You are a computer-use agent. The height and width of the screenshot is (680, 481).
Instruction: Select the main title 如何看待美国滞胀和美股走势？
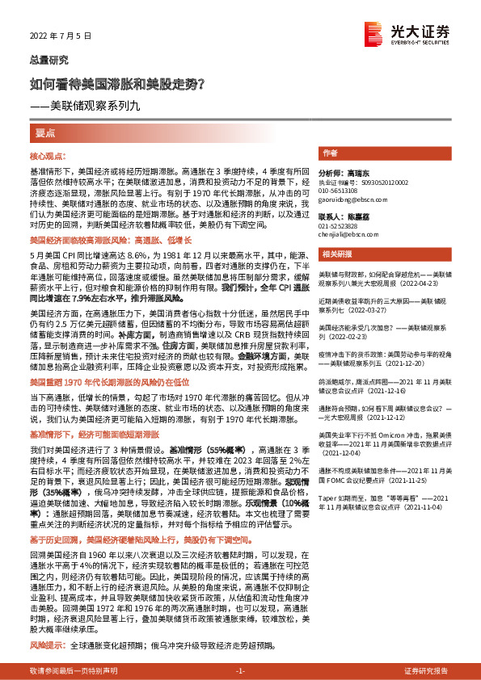pos(121,83)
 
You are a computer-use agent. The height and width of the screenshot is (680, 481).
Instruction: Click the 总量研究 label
pos(45,60)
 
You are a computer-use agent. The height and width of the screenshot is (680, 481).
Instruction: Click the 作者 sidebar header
pos(330,153)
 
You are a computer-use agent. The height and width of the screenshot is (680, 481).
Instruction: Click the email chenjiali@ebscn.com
pos(346,235)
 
